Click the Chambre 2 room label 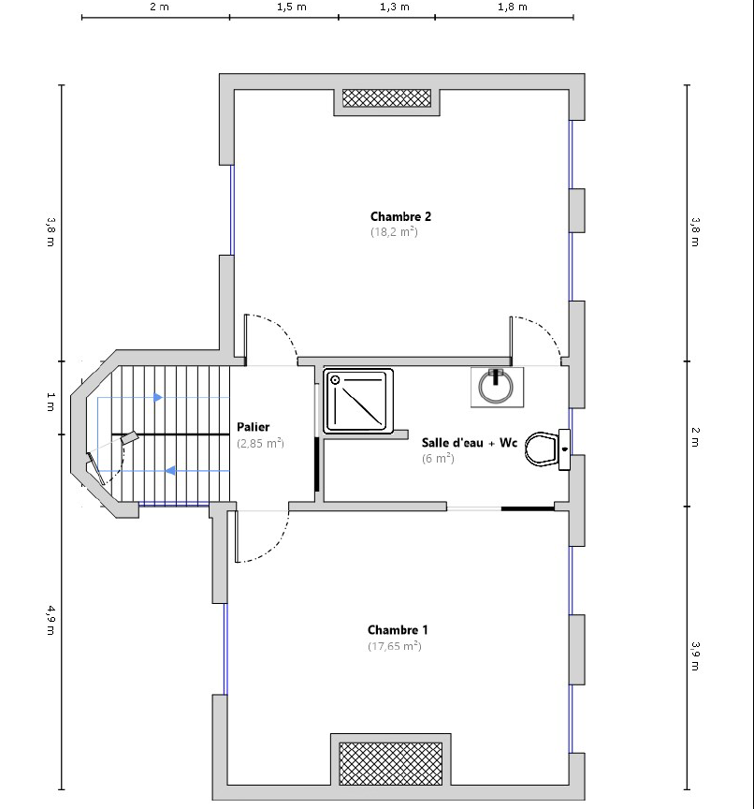(400, 216)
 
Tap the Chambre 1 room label (398, 630)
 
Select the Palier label (254, 427)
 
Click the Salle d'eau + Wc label (470, 443)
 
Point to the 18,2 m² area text (394, 231)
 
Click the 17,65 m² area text (394, 646)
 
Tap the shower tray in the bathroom (358, 401)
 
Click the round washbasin (496, 388)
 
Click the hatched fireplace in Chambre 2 (386, 98)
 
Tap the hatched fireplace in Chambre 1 (391, 764)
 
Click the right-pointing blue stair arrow (158, 397)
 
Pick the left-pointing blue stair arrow (170, 471)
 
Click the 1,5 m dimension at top (292, 7)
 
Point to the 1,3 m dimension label (395, 7)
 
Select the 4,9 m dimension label (51, 620)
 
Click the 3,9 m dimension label (695, 655)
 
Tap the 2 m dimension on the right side (695, 437)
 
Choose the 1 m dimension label (51, 402)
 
